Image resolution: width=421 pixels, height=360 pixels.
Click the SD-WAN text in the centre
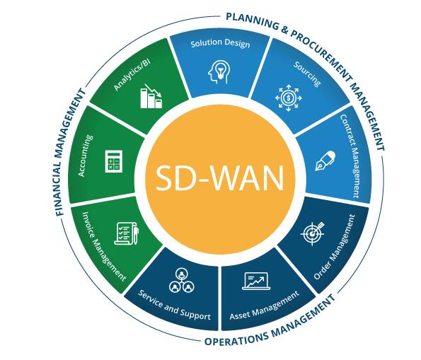pyautogui.click(x=219, y=178)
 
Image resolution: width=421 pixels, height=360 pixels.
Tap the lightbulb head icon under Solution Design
pyautogui.click(x=219, y=71)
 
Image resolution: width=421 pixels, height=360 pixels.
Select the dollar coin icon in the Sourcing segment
pyautogui.click(x=289, y=98)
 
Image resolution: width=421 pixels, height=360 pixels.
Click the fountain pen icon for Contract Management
pyautogui.click(x=325, y=161)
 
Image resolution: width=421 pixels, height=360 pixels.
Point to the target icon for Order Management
pyautogui.click(x=313, y=233)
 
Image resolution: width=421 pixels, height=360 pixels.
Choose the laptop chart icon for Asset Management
pyautogui.click(x=256, y=281)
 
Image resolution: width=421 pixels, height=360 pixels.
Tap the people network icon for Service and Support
pyautogui.click(x=182, y=281)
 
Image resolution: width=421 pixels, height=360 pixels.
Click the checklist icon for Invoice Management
pyautogui.click(x=127, y=233)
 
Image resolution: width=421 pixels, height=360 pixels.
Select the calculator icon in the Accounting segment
pyautogui.click(x=113, y=161)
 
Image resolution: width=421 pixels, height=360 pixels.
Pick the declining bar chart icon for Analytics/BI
pyautogui.click(x=151, y=96)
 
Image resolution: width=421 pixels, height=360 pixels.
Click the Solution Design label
pyautogui.click(x=220, y=43)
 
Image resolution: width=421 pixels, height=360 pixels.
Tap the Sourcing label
pyautogui.click(x=307, y=74)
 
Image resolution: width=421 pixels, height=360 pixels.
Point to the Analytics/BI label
pyautogui.click(x=132, y=75)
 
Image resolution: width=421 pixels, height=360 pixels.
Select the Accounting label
pyautogui.click(x=86, y=156)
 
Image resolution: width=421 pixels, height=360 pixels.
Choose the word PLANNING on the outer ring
pyautogui.click(x=253, y=21)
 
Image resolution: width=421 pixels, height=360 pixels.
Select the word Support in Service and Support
pyautogui.click(x=195, y=314)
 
